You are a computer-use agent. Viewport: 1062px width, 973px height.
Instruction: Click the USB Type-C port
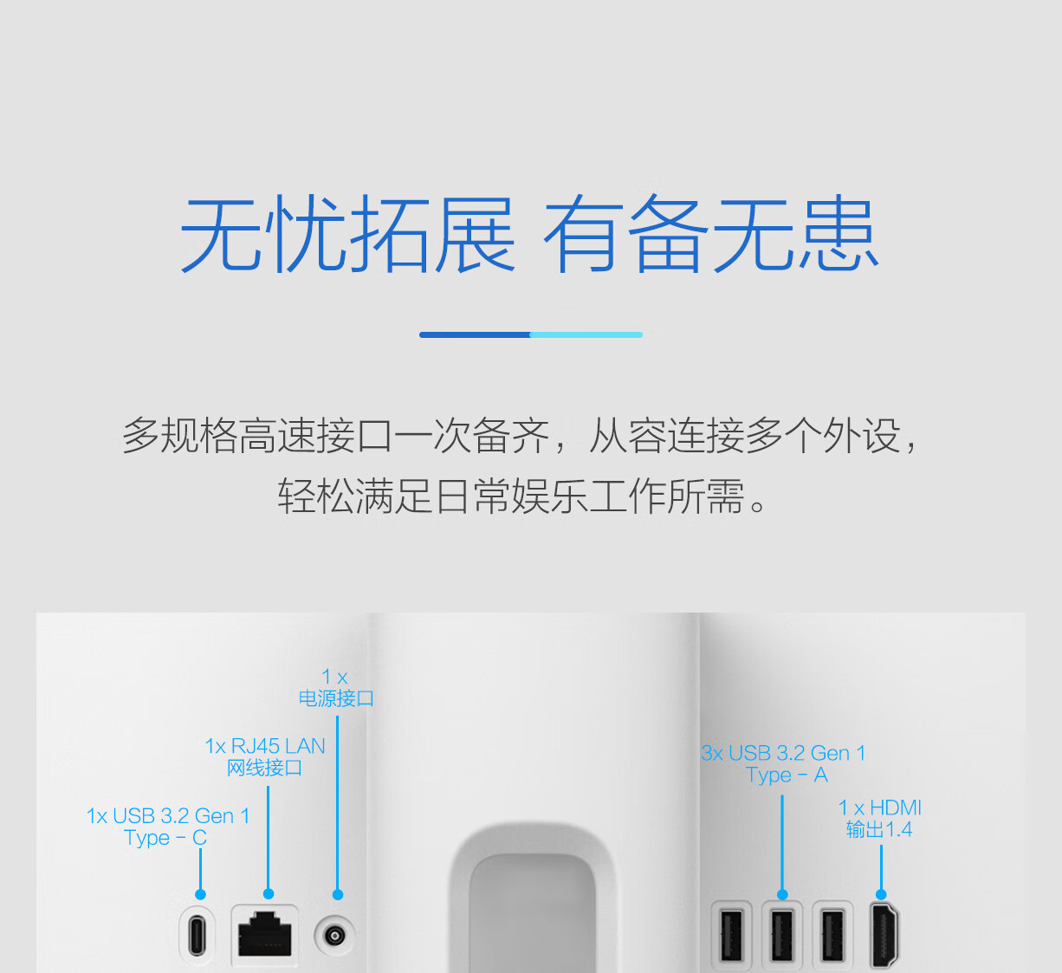click(x=197, y=936)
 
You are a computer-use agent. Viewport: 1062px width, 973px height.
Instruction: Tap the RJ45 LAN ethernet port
click(x=265, y=933)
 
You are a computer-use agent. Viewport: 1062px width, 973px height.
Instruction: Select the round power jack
click(x=334, y=936)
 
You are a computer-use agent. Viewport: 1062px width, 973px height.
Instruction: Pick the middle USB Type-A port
click(x=782, y=936)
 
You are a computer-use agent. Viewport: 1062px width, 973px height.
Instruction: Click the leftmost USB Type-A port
click(x=731, y=936)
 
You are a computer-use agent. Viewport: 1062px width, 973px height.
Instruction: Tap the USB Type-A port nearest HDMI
click(x=832, y=936)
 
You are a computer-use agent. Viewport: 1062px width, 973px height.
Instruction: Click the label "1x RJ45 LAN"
click(x=265, y=746)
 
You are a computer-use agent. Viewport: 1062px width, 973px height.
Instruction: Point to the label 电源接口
click(x=336, y=698)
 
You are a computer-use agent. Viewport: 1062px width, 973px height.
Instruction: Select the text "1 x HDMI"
click(x=879, y=808)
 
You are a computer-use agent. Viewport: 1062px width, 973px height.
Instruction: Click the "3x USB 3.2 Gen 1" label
click(x=783, y=753)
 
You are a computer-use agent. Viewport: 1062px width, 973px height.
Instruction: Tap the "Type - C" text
click(x=165, y=838)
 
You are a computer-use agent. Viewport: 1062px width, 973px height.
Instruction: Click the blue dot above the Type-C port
click(x=200, y=894)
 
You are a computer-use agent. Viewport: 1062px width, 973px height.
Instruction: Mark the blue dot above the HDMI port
click(x=881, y=894)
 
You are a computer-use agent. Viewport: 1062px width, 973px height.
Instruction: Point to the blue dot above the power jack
click(x=338, y=895)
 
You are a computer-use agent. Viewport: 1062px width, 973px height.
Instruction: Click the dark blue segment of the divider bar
click(x=475, y=334)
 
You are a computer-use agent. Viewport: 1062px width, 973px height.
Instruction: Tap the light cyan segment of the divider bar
click(x=586, y=334)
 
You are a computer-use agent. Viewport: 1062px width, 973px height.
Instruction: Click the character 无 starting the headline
click(x=221, y=234)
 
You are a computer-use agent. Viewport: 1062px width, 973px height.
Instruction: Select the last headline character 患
click(x=838, y=234)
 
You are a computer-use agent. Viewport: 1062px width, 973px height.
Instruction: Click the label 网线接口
click(x=265, y=768)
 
